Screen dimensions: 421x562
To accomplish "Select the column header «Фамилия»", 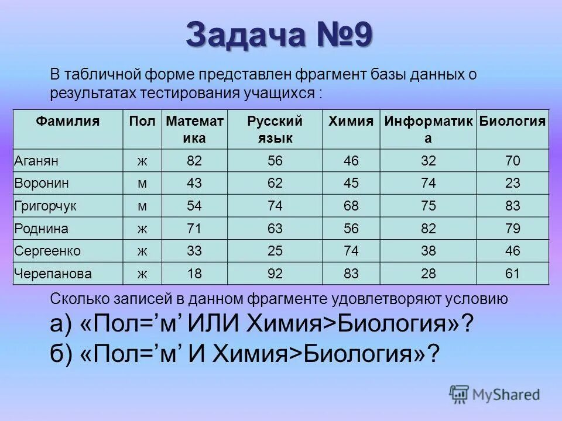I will pyautogui.click(x=68, y=122).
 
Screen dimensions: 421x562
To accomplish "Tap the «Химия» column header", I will pyautogui.click(x=351, y=122).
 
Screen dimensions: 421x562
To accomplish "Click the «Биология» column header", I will pyautogui.click(x=512, y=122).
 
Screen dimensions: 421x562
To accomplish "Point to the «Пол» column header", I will pyautogui.click(x=142, y=122).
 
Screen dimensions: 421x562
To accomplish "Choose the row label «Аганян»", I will pyautogui.click(x=36, y=161).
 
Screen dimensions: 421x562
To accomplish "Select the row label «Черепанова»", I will pyautogui.click(x=52, y=273).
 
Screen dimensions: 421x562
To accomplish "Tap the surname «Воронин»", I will pyautogui.click(x=42, y=183).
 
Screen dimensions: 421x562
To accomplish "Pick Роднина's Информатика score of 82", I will pyautogui.click(x=428, y=228).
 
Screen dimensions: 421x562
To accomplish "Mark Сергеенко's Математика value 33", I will pyautogui.click(x=194, y=251).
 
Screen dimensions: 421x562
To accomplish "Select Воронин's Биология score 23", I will pyautogui.click(x=512, y=183).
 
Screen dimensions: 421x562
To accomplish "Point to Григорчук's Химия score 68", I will pyautogui.click(x=351, y=206).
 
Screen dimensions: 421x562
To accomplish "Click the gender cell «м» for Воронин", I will pyautogui.click(x=142, y=183).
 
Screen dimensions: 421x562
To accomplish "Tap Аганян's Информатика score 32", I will pyautogui.click(x=428, y=161).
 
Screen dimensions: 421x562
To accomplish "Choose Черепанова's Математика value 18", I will pyautogui.click(x=194, y=273).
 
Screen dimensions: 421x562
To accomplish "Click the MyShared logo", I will pyautogui.click(x=495, y=395).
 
